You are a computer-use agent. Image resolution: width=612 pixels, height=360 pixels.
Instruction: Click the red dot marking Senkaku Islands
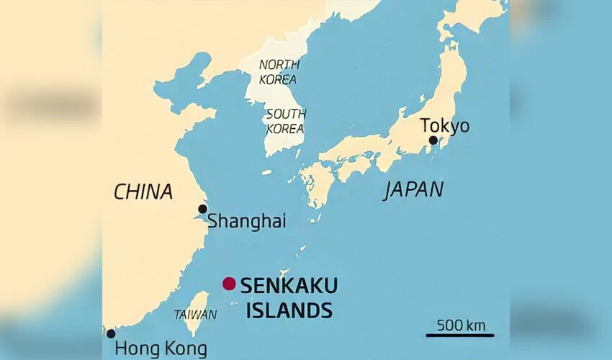click(229, 284)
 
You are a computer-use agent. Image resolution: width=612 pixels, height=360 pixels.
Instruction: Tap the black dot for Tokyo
click(433, 140)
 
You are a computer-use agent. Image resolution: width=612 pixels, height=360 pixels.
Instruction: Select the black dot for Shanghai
click(203, 209)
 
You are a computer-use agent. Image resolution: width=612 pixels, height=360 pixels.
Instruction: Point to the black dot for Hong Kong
click(111, 333)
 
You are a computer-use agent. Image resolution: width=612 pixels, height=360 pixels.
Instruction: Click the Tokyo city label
click(444, 126)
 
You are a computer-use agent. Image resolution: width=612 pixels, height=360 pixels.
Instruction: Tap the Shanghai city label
click(246, 222)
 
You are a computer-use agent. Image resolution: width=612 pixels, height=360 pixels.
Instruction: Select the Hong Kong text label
click(161, 349)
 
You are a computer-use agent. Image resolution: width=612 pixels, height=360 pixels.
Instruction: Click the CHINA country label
click(143, 192)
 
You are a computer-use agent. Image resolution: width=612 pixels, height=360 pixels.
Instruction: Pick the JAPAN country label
click(413, 189)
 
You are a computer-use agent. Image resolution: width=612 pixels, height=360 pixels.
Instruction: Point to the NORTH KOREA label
click(277, 72)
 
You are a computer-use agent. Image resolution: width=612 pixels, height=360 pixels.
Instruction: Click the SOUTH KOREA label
click(285, 122)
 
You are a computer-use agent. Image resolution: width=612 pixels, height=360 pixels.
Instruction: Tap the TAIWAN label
click(194, 315)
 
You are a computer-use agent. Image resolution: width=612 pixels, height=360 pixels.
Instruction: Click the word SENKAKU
click(289, 285)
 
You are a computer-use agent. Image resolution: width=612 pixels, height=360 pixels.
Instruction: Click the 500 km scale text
click(461, 325)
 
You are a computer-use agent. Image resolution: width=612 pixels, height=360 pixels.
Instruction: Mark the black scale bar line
click(459, 335)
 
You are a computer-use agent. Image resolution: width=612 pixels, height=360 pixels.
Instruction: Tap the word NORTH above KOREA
click(278, 65)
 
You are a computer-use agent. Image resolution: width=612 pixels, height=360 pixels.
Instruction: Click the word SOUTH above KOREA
click(286, 114)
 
